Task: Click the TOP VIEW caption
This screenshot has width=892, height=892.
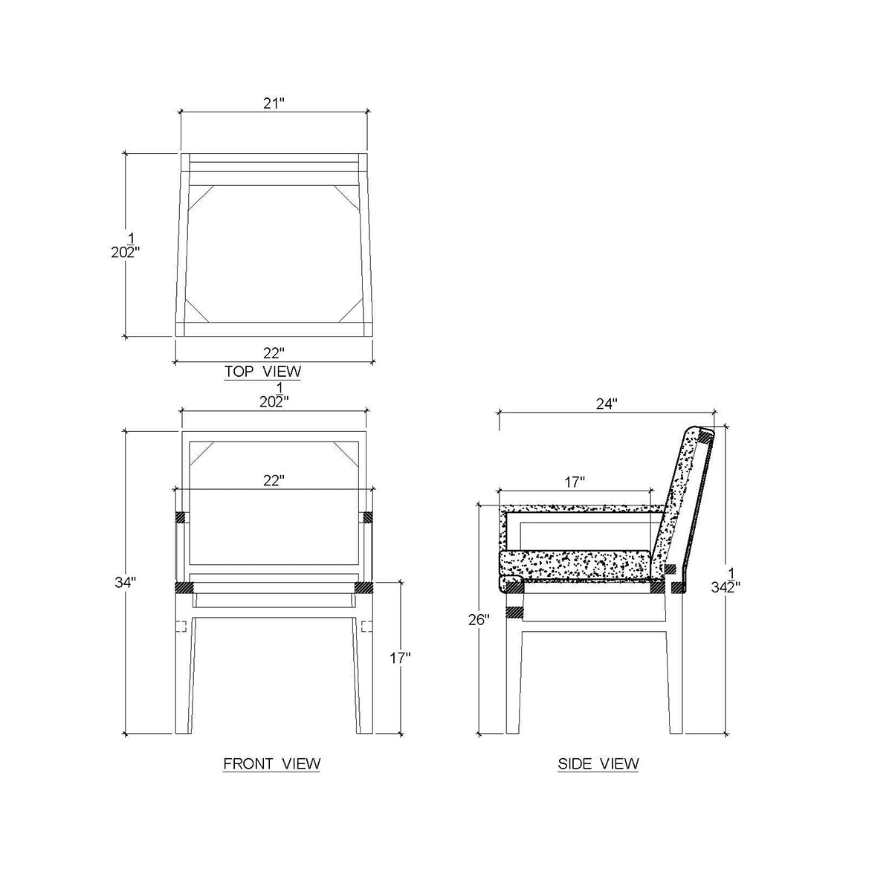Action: click(x=262, y=371)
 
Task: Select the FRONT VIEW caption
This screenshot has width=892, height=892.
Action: click(x=272, y=763)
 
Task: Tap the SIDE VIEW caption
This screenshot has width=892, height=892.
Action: click(x=598, y=763)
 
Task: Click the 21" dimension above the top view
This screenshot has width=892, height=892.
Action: click(x=274, y=103)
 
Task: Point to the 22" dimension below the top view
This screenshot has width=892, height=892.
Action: click(x=274, y=353)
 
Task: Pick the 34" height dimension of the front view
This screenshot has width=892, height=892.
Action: click(x=126, y=582)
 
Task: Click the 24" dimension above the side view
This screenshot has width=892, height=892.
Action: click(x=607, y=404)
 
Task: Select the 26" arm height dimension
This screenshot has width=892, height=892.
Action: click(x=479, y=619)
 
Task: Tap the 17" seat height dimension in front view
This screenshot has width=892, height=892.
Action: click(x=399, y=658)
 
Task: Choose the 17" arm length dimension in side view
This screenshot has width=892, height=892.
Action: click(x=574, y=482)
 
